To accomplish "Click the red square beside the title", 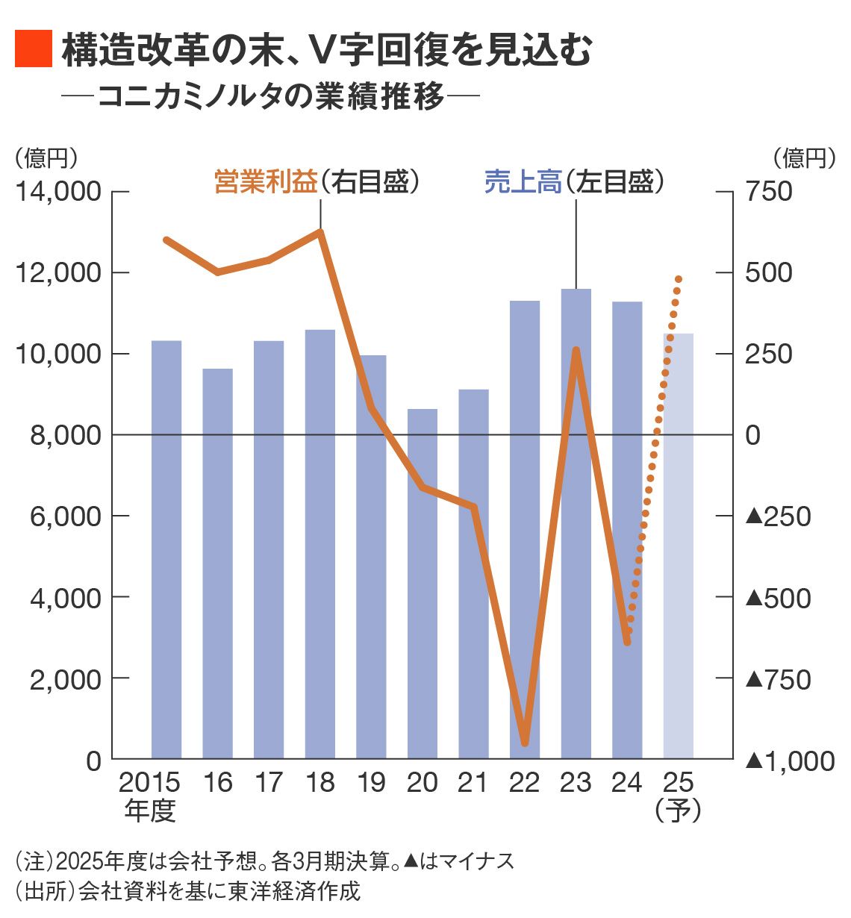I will point(34,49).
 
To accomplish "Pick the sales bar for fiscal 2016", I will point(218,563).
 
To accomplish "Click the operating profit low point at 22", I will point(525,743).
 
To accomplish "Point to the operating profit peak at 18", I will point(320,232).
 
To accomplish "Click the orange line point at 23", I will point(576,350).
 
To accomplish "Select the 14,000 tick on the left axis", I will point(58,192).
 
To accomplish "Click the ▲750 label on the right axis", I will point(779,679).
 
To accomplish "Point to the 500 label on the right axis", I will point(769,272).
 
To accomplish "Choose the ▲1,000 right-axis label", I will point(790,761).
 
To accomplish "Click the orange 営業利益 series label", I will point(266,181).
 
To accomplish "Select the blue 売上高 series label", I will point(523,181).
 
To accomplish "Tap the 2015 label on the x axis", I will point(149,782).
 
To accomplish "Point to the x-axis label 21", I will point(473,782).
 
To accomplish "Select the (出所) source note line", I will point(187,891).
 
